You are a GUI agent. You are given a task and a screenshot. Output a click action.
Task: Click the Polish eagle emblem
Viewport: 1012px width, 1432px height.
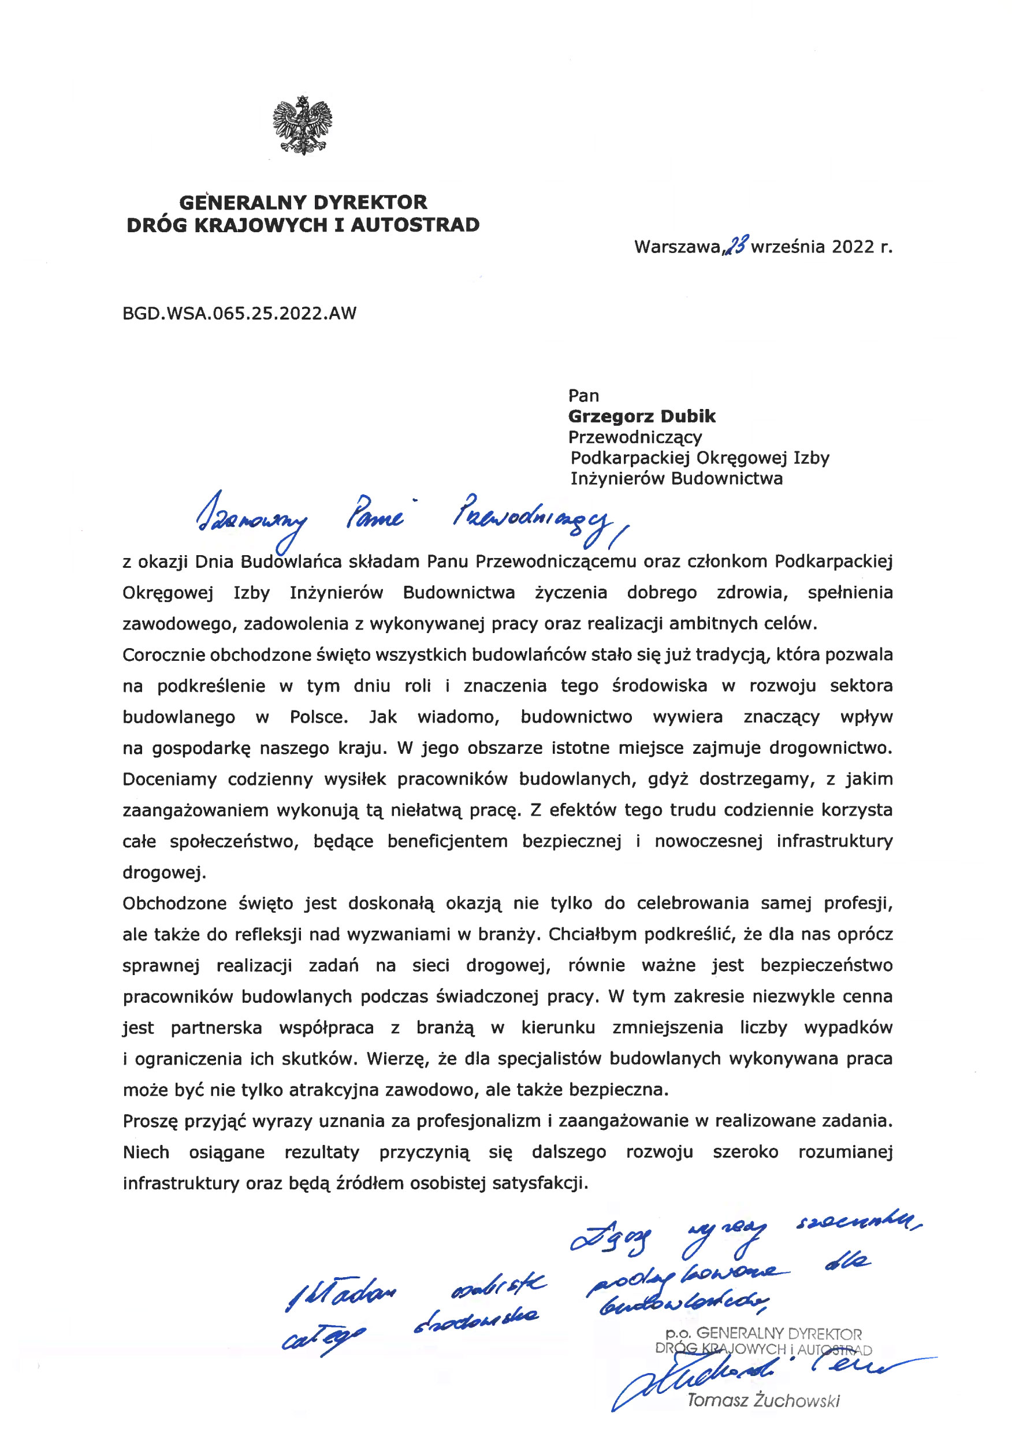303,125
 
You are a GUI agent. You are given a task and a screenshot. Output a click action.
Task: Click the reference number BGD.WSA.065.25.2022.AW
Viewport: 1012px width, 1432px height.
240,313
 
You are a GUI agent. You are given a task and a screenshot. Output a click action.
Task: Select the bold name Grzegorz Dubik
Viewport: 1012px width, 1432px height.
642,416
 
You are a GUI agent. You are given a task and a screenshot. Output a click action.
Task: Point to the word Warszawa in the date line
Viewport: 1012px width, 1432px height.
677,247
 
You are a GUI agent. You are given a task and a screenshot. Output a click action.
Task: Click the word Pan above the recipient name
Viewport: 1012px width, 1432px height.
583,396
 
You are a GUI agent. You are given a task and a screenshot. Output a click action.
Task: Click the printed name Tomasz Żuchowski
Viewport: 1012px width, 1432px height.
763,1400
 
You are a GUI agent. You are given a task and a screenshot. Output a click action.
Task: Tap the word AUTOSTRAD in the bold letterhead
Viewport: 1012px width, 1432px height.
415,225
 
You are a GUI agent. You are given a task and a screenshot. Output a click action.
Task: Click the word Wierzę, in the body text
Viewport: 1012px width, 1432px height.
397,1059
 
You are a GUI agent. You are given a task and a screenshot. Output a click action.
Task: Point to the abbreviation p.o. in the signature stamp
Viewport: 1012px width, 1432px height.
678,1334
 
